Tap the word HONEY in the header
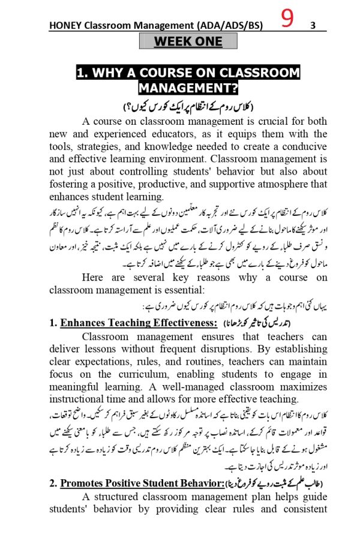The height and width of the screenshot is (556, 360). (x=67, y=26)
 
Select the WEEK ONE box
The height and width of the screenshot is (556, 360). (x=188, y=41)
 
